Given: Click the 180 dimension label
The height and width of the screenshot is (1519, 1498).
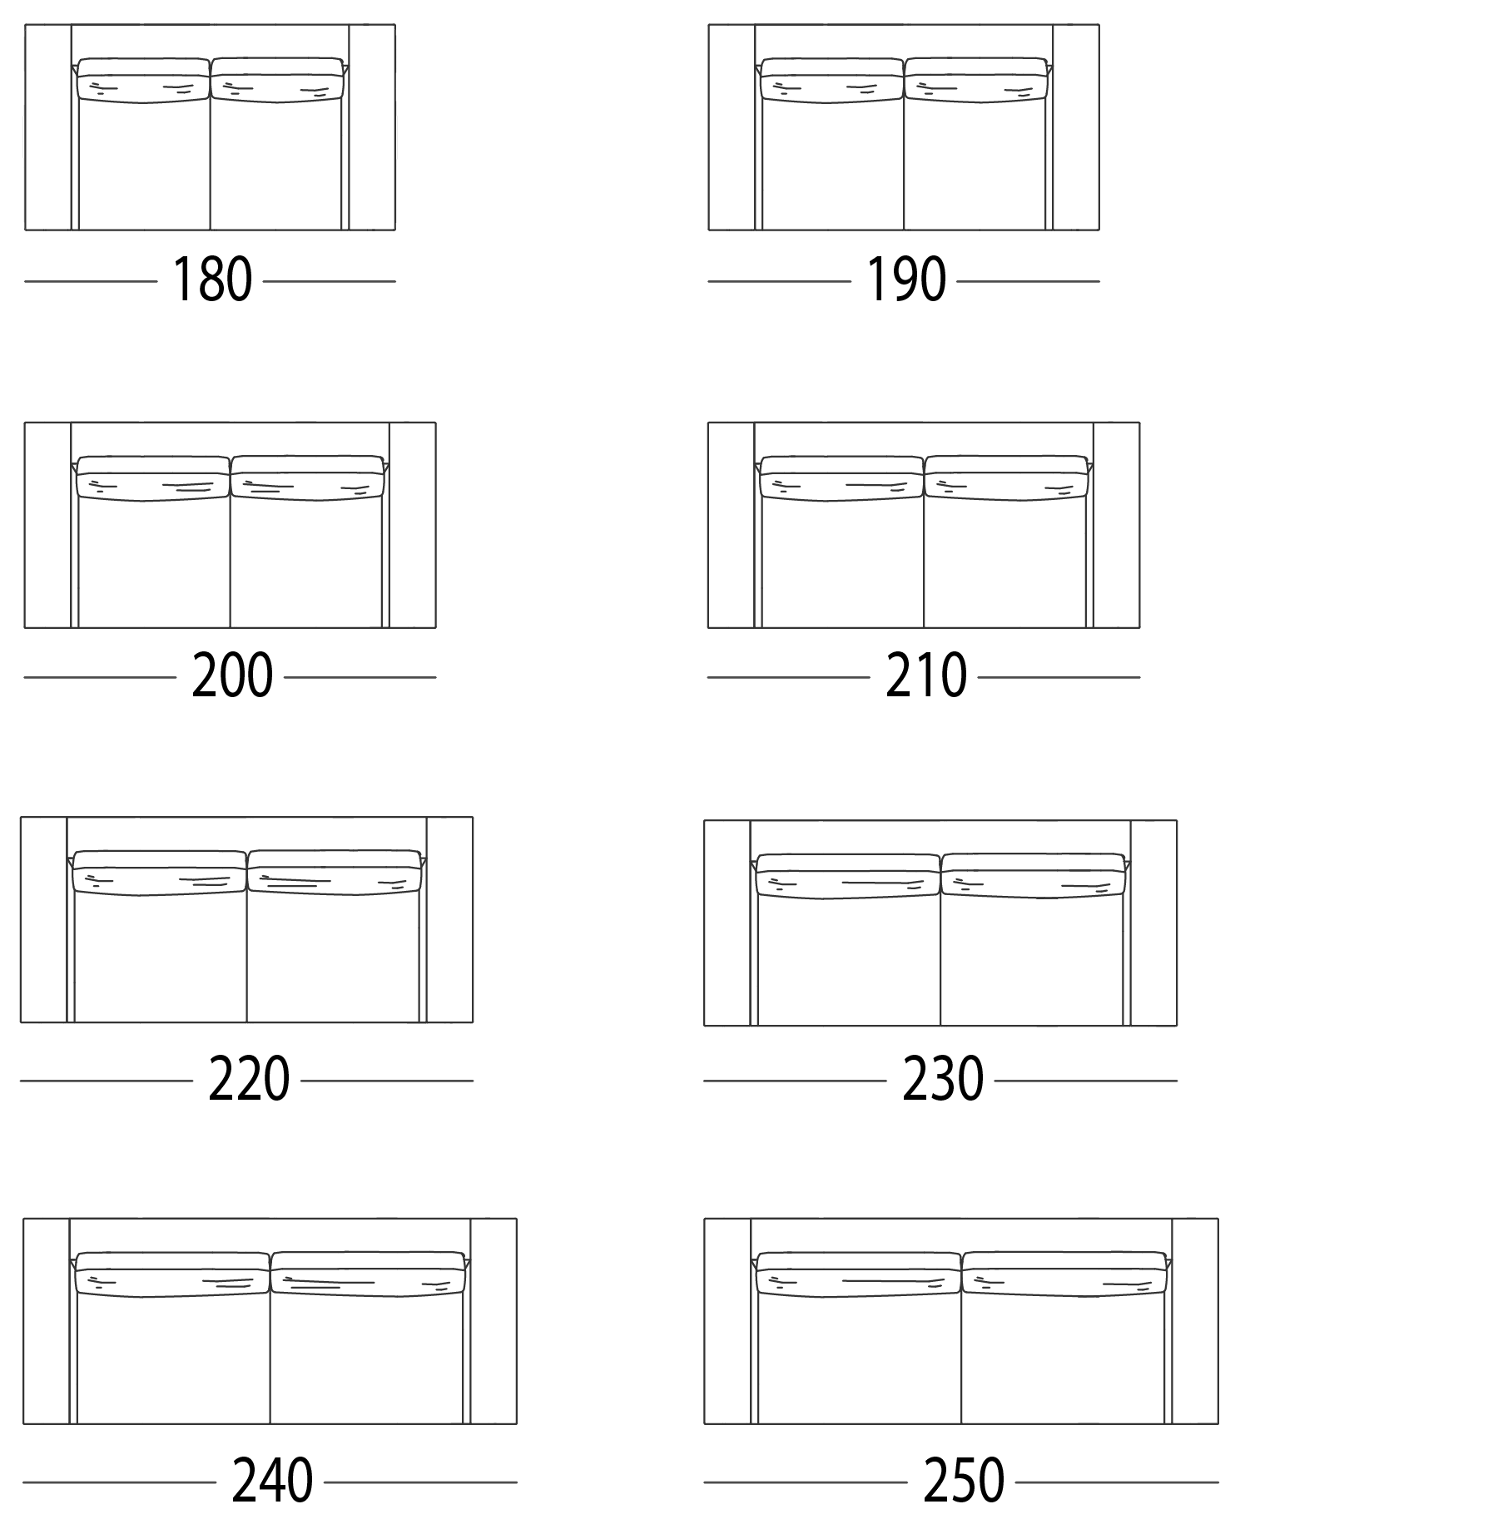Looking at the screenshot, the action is [x=211, y=280].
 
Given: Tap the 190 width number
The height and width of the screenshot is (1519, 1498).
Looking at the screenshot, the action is [x=905, y=280].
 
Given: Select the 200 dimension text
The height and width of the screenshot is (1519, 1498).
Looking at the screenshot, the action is [x=232, y=676].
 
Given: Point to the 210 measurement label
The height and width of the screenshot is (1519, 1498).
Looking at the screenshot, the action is [x=925, y=676].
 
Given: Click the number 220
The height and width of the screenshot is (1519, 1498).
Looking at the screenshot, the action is [x=249, y=1080].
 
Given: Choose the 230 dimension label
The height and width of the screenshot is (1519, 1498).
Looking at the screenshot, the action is [x=943, y=1080].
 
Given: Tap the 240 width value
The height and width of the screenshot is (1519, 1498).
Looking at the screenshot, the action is [x=272, y=1482].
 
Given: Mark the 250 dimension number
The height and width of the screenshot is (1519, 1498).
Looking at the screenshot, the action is [x=964, y=1482].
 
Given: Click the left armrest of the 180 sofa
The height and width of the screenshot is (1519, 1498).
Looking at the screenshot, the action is [x=48, y=127].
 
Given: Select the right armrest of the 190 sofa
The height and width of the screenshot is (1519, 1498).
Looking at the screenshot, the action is [x=1076, y=127].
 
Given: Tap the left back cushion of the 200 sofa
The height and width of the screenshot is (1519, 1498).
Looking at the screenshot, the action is [x=153, y=478].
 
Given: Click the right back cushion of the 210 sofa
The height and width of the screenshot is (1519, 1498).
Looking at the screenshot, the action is [x=1006, y=478].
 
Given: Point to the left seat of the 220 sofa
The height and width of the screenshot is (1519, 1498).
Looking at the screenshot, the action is [x=161, y=957].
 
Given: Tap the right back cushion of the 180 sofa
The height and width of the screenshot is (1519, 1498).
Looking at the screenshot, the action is [x=277, y=81].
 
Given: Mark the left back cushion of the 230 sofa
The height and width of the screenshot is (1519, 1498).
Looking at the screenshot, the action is [x=848, y=876].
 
